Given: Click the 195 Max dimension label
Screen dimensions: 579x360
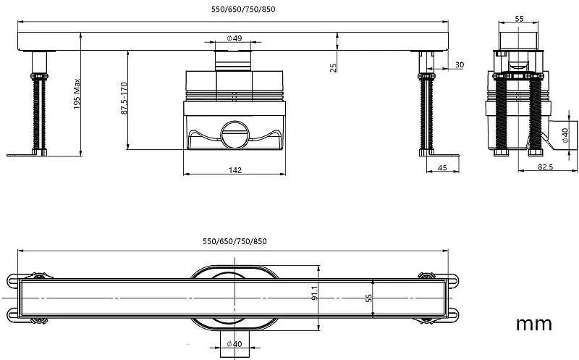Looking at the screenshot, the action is point(77,94).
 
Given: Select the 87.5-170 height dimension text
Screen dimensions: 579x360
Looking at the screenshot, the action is point(124,99).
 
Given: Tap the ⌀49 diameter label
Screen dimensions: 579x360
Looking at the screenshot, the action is point(234,38).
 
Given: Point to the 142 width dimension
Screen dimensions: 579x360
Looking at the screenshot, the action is point(234,170).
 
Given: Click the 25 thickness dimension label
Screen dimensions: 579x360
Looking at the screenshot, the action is point(333,67).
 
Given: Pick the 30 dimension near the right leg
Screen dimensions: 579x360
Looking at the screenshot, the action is point(459,64).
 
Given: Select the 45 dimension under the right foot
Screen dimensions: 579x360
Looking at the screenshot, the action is point(442,168).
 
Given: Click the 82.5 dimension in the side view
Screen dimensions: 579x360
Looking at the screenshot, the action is point(545,167).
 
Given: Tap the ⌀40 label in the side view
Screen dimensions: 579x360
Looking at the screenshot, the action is point(565,135).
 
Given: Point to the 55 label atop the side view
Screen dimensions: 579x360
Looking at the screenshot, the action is point(519,19).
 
